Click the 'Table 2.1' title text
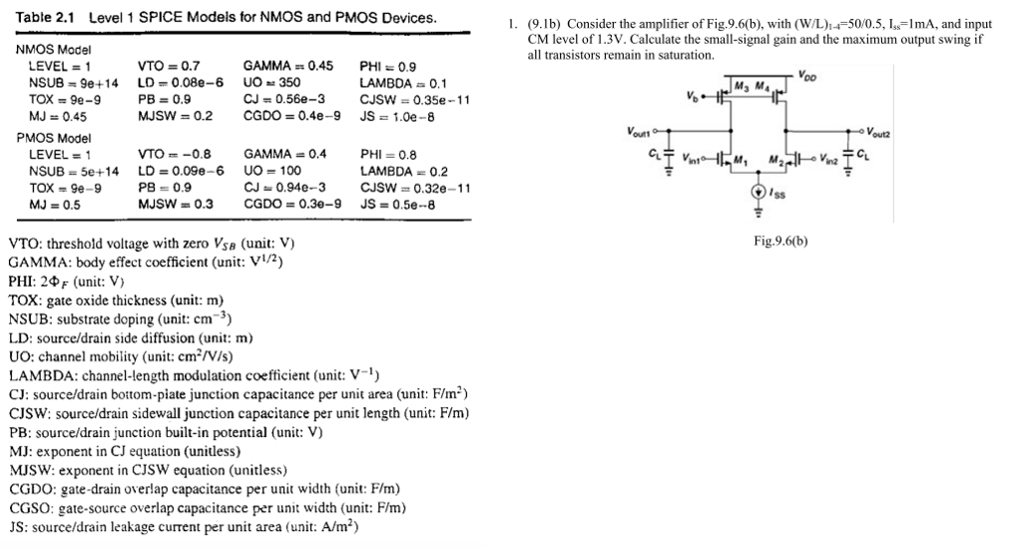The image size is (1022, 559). tap(47, 18)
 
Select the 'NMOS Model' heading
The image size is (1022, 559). tap(53, 49)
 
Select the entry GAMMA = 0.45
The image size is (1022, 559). tap(287, 66)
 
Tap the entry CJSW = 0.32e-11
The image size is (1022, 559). tap(414, 188)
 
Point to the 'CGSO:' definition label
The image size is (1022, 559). tap(33, 508)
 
